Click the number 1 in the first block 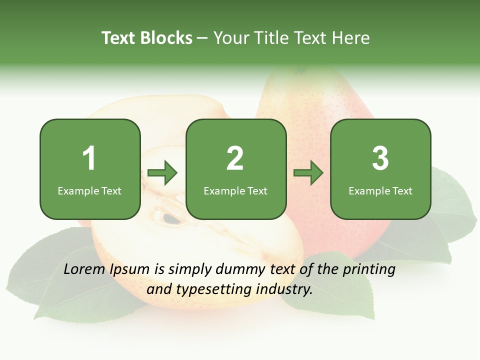89,158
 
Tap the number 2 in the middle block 235,158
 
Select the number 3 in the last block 380,158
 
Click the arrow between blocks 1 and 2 162,173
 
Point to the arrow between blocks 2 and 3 308,173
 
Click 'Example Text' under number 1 89,191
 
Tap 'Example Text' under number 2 235,191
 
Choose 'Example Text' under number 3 380,191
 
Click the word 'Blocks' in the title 167,38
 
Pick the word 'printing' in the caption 368,270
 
